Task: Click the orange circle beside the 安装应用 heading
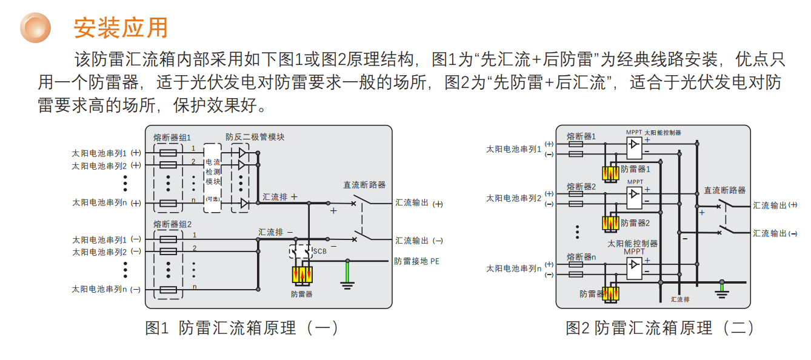(37, 27)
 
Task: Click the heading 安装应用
(120, 27)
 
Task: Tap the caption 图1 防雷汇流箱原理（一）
(241, 328)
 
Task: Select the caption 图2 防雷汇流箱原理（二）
(659, 328)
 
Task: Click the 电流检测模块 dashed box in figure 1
(213, 178)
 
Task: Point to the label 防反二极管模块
(255, 137)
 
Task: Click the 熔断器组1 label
(172, 138)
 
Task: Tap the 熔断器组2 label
(172, 224)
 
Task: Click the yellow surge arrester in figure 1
(302, 276)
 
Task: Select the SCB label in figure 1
(319, 250)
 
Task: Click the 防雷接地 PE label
(417, 261)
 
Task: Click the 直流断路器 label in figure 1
(364, 185)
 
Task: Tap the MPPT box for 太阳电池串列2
(635, 195)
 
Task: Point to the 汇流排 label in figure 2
(679, 299)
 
